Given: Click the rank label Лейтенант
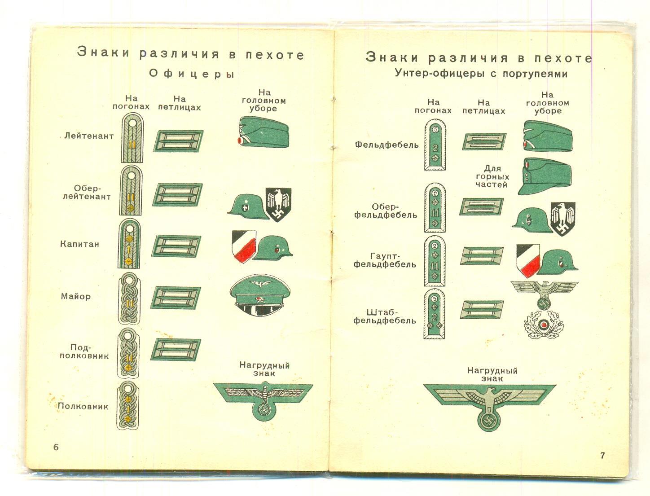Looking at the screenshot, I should (89, 136).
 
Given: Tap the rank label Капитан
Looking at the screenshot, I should (79, 244).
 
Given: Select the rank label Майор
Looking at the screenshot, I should (76, 296).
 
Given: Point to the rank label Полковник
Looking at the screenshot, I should (83, 407).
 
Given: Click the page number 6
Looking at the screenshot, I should (56, 447).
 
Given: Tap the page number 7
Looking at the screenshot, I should (602, 455).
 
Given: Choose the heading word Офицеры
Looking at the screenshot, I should (192, 74).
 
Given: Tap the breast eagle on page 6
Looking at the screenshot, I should (263, 399).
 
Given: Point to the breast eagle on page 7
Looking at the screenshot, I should (489, 405).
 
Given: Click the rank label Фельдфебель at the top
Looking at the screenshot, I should (386, 145).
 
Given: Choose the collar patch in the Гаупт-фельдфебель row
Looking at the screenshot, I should (482, 255).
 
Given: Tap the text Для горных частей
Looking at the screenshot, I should (492, 177).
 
